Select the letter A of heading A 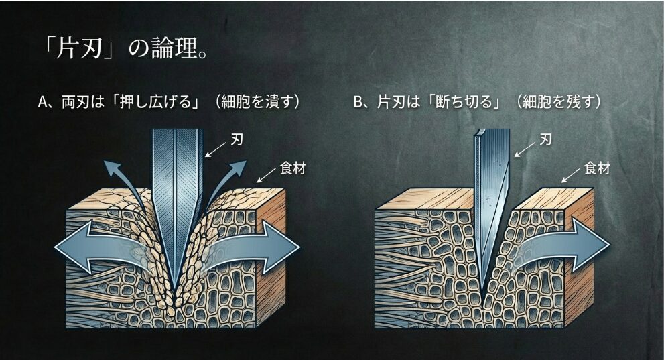click(x=44, y=103)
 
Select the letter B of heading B click(x=358, y=103)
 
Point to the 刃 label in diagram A click(x=236, y=142)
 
